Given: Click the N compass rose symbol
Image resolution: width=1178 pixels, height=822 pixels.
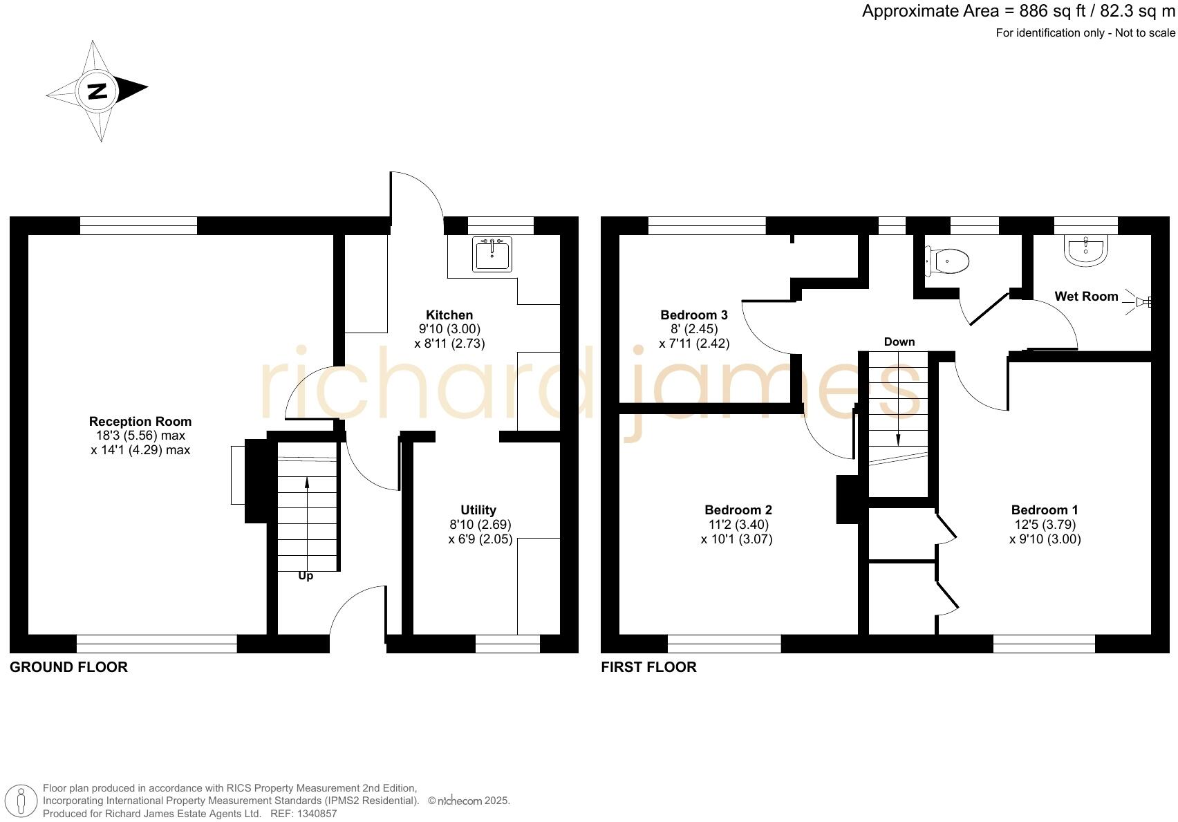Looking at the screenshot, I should point(97,91).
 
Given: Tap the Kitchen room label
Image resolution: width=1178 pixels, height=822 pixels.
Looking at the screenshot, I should point(449,315).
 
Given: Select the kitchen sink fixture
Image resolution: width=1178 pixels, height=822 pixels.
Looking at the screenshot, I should point(492,254).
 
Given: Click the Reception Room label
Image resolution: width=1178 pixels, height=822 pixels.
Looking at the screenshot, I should point(140,422).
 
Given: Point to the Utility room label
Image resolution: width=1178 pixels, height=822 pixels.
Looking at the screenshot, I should point(478,510).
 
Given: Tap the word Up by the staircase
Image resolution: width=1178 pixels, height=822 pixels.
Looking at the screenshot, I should point(306,576).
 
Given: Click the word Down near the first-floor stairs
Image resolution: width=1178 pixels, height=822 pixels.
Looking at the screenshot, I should point(899,342).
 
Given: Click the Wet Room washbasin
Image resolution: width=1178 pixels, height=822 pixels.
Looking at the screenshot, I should point(1086,250).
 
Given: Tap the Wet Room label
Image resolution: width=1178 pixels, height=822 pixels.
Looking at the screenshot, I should point(1086,297).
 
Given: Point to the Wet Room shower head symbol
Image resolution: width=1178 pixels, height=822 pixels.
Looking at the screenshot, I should point(1141,302).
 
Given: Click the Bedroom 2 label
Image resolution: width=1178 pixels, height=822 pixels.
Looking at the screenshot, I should point(738,510).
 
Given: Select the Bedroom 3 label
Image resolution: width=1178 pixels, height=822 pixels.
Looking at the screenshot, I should point(694,315).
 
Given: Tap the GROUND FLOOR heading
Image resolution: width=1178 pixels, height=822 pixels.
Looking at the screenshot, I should point(68,667).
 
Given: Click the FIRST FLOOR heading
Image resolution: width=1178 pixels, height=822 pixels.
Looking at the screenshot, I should point(648,667).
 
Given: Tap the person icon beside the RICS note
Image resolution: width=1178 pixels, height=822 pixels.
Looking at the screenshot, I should point(21,802).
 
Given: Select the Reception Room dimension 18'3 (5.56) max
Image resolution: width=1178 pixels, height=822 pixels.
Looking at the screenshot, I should point(140,436).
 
